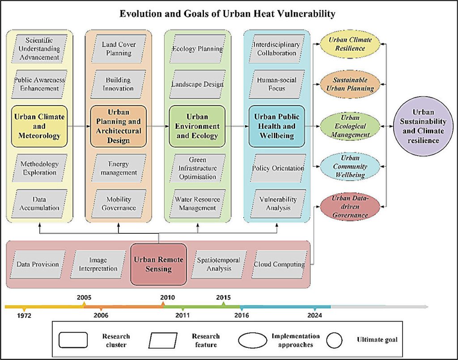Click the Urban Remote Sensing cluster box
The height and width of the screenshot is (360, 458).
158,264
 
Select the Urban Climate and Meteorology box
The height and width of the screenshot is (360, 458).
39,126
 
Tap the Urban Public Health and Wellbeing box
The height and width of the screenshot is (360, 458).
276,126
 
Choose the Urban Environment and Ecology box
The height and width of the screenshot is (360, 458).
197,126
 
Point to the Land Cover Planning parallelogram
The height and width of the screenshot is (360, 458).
119,49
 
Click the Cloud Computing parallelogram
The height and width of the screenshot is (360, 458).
279,264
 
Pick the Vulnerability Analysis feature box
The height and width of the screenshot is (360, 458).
278,203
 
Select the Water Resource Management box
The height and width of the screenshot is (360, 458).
197,203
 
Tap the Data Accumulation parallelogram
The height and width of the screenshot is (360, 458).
39,203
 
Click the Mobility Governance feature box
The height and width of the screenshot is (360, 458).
119,203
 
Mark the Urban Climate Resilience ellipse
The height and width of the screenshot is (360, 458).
350,44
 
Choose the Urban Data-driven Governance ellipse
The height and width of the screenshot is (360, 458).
350,207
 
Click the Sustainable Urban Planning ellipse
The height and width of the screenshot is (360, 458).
350,84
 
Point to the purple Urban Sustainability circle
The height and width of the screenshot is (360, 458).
423,126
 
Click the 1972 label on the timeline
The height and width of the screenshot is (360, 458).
24,315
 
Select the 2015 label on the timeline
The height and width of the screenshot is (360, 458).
224,297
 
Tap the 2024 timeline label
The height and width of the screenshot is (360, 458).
314,315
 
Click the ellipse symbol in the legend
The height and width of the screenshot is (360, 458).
253,340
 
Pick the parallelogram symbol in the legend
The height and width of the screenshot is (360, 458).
163,340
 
